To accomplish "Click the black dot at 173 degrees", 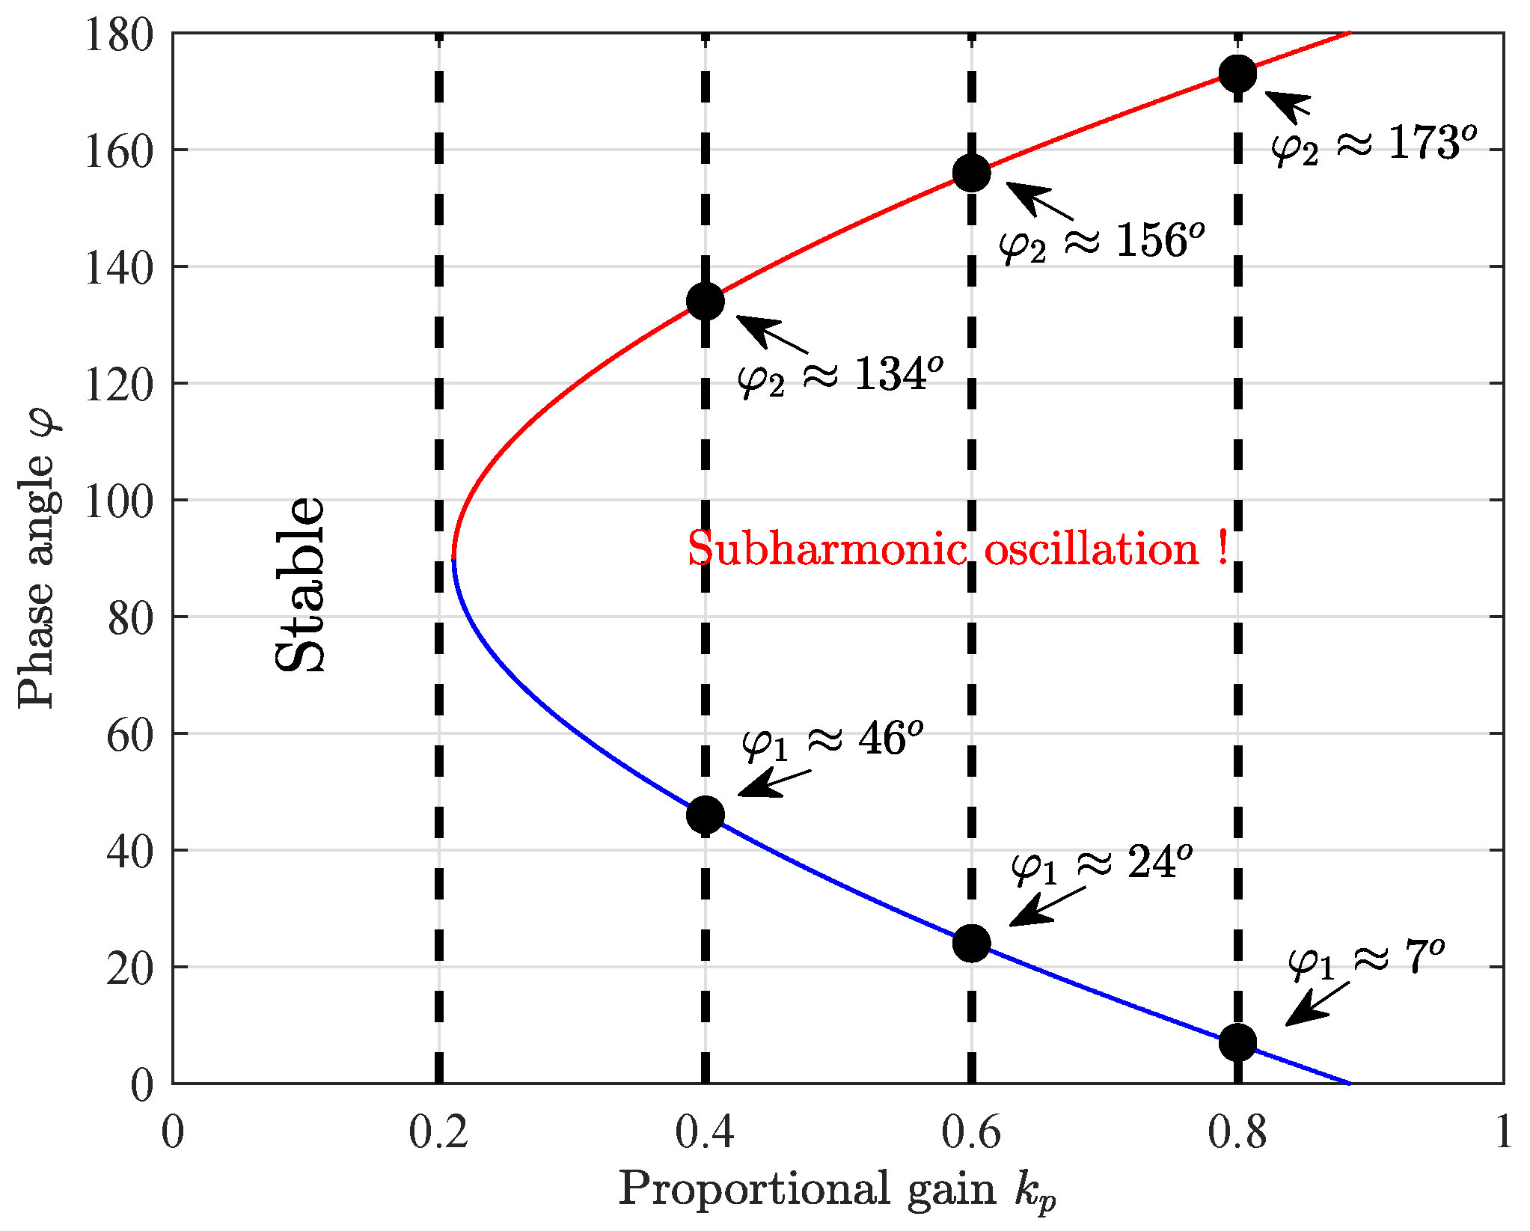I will click(x=1237, y=73).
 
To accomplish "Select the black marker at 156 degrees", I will click(x=971, y=174).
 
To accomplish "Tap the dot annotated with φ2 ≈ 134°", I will click(x=705, y=302).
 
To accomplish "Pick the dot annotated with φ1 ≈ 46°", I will click(x=705, y=815).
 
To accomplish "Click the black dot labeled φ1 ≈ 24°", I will click(x=971, y=943).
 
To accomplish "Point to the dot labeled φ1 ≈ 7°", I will click(x=1237, y=1042).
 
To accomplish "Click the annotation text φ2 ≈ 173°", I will click(x=1374, y=144).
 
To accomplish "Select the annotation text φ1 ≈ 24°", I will click(x=1101, y=864).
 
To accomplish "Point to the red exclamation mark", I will click(x=1222, y=548).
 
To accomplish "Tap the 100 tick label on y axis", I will click(x=118, y=501).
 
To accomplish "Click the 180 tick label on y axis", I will click(x=118, y=35).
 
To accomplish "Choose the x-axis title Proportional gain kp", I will click(x=836, y=1190).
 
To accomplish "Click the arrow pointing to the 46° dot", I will click(x=774, y=783).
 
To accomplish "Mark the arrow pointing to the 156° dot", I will click(x=1040, y=201).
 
